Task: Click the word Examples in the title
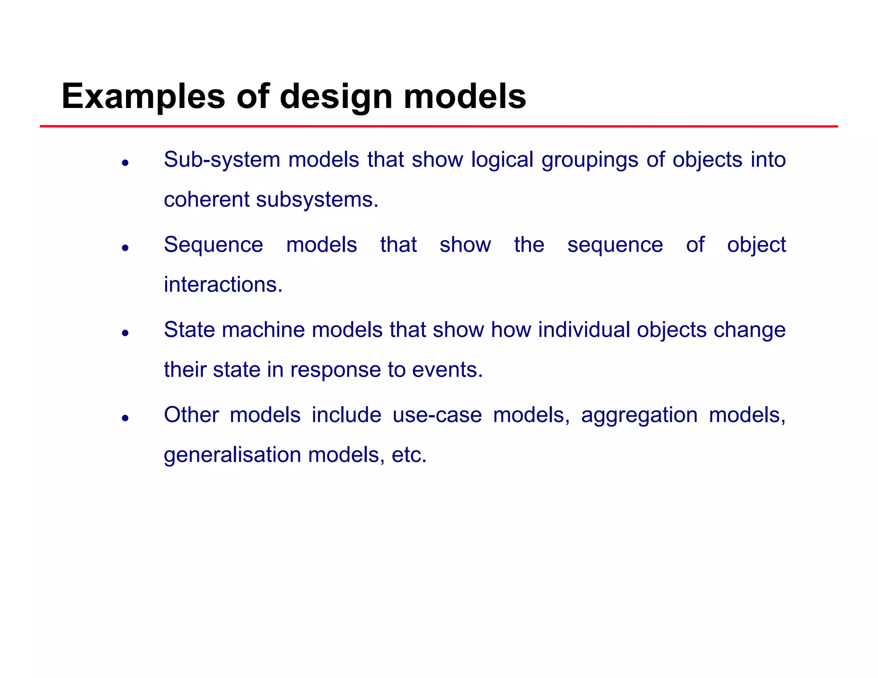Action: pyautogui.click(x=143, y=97)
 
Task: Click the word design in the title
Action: pyautogui.click(x=336, y=97)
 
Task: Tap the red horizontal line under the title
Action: pyautogui.click(x=439, y=126)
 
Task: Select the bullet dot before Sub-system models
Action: pyautogui.click(x=125, y=163)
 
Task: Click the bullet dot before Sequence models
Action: pyautogui.click(x=125, y=248)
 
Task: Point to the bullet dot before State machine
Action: pyautogui.click(x=125, y=333)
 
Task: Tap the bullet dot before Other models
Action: pyautogui.click(x=125, y=418)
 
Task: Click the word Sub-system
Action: pyautogui.click(x=222, y=160)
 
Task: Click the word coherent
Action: pyautogui.click(x=207, y=200)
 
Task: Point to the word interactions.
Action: pyautogui.click(x=223, y=285)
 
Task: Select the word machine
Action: pyautogui.click(x=263, y=330)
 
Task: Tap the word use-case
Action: pyautogui.click(x=437, y=415)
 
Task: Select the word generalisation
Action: pyautogui.click(x=232, y=455)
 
